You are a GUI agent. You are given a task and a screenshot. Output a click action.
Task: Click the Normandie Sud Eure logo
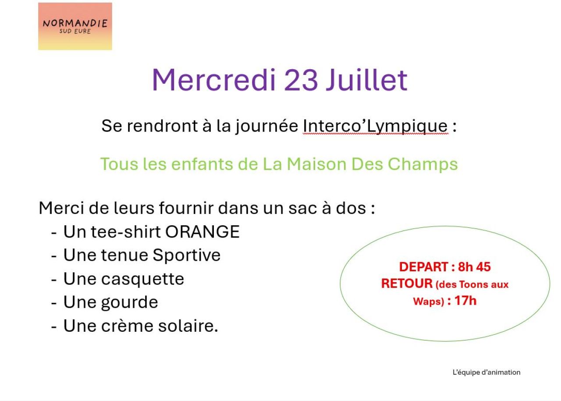[x=75, y=26]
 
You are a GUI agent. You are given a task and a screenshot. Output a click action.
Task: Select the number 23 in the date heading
[x=301, y=80]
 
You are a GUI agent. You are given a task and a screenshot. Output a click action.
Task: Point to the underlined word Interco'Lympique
[x=376, y=126]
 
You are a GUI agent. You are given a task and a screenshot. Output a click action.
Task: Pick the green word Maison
[x=316, y=164]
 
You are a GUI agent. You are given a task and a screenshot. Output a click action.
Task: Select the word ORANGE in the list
[x=202, y=232]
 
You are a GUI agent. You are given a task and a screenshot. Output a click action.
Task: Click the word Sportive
[x=187, y=256]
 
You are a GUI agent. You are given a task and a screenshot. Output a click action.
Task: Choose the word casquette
[x=142, y=279]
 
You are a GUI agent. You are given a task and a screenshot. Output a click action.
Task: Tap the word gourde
[x=129, y=302]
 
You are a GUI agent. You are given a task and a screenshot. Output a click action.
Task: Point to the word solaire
[x=188, y=326]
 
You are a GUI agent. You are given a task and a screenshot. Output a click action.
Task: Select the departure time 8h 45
[x=474, y=267]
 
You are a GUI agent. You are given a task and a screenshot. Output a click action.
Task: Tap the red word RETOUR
[x=407, y=284]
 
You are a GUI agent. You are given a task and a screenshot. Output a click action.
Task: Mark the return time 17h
[x=465, y=301]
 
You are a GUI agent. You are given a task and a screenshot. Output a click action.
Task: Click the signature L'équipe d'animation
[x=486, y=373]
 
